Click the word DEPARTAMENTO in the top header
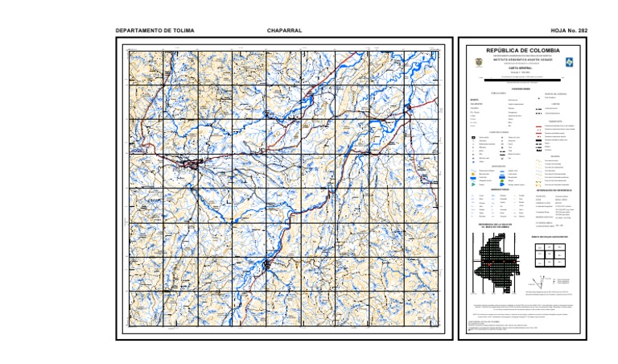134,31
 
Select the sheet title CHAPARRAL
284,31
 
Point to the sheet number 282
583,31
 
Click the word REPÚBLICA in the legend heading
504,51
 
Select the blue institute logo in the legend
570,61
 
